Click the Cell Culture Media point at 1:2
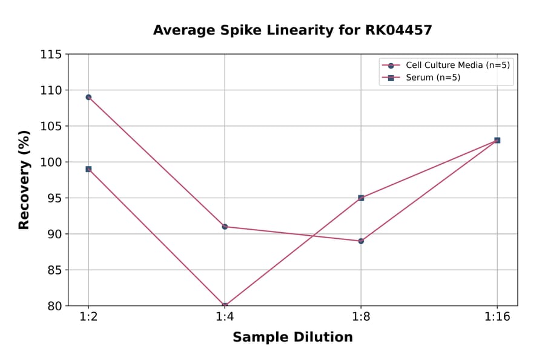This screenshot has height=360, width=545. point(88,97)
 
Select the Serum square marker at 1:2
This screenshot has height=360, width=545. point(88,169)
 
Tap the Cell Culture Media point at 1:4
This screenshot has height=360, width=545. point(225,227)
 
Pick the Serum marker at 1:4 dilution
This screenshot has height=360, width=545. point(225,305)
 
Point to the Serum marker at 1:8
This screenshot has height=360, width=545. point(361,198)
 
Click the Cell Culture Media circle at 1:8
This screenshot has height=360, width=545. point(361,241)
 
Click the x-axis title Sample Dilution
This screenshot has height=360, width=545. point(292,338)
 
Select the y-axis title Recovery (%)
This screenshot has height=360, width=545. point(24,180)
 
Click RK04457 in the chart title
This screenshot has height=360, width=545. point(399,30)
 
